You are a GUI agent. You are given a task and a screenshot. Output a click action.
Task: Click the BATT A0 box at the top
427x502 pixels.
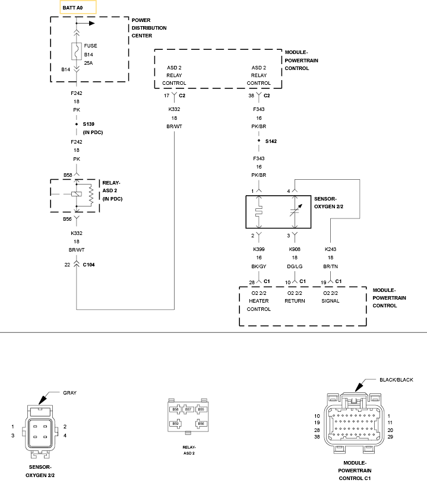click(78, 7)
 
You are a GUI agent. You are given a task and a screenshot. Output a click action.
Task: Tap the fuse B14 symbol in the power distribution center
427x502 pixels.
click(77, 51)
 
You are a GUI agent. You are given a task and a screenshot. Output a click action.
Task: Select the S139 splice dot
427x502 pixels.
click(77, 124)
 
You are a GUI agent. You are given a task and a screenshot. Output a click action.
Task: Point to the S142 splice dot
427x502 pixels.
click(259, 141)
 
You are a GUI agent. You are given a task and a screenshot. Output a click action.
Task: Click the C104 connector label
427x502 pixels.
click(88, 265)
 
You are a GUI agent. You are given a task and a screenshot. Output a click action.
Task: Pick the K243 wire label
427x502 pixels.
click(330, 249)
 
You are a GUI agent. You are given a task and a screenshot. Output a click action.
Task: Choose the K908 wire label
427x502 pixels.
click(295, 249)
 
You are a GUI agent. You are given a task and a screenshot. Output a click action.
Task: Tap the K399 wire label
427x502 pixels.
click(259, 249)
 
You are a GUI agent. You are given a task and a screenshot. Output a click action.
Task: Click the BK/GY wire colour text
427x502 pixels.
click(259, 266)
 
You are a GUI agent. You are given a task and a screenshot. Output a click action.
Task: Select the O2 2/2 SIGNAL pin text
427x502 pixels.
click(330, 297)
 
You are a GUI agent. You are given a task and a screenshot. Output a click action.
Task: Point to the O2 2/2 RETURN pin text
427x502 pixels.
click(295, 297)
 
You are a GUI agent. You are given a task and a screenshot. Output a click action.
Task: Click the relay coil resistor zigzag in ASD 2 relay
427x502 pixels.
click(91, 195)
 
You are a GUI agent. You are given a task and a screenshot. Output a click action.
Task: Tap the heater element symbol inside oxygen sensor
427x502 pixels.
click(259, 211)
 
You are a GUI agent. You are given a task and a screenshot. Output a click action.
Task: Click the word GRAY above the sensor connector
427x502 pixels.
click(70, 393)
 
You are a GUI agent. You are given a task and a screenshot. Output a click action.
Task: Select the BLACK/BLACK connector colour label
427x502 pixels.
click(396, 380)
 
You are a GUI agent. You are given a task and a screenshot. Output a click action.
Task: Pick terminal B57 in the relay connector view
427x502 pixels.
click(188, 409)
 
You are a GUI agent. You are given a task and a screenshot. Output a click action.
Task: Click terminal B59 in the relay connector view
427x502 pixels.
click(176, 424)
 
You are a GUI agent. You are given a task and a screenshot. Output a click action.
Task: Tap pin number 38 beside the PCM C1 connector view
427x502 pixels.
click(317, 437)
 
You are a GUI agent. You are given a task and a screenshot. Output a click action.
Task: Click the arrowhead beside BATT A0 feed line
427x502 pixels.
click(92, 23)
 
